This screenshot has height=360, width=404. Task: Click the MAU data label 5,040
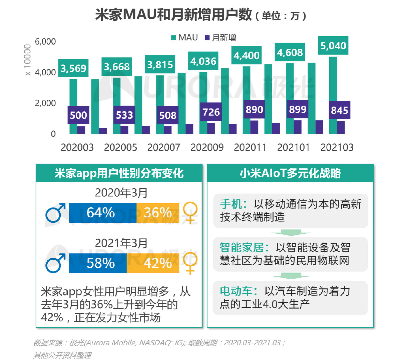[333, 46]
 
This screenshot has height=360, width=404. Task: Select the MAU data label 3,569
[73, 68]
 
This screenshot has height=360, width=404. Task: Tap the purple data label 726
[211, 112]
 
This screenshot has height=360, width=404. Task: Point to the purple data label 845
[340, 110]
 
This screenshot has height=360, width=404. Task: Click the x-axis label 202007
[163, 147]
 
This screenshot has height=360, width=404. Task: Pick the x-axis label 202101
[293, 147]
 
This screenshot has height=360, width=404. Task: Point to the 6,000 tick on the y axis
[45, 42]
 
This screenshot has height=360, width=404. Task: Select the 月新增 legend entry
[221, 38]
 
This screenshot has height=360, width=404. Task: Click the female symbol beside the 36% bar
[190, 212]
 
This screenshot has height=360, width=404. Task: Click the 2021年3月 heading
[121, 243]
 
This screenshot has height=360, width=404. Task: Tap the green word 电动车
[236, 291]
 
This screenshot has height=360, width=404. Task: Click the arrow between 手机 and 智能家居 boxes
[291, 233]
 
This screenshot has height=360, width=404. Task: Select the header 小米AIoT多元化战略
[290, 173]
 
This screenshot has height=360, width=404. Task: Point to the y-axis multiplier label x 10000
[28, 60]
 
